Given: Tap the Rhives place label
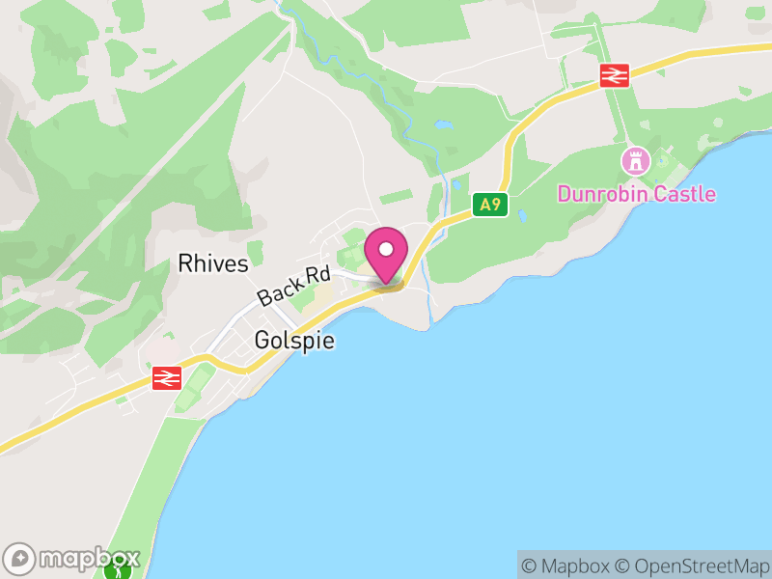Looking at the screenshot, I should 213,263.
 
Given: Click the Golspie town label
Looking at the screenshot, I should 294,341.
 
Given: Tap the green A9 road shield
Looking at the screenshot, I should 490,204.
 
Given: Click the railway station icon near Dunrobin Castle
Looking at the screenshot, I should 614,75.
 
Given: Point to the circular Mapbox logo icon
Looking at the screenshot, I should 21,558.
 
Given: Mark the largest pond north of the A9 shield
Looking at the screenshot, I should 442,124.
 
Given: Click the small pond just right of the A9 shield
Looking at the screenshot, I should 522,214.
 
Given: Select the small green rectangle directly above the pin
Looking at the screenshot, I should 396,197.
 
